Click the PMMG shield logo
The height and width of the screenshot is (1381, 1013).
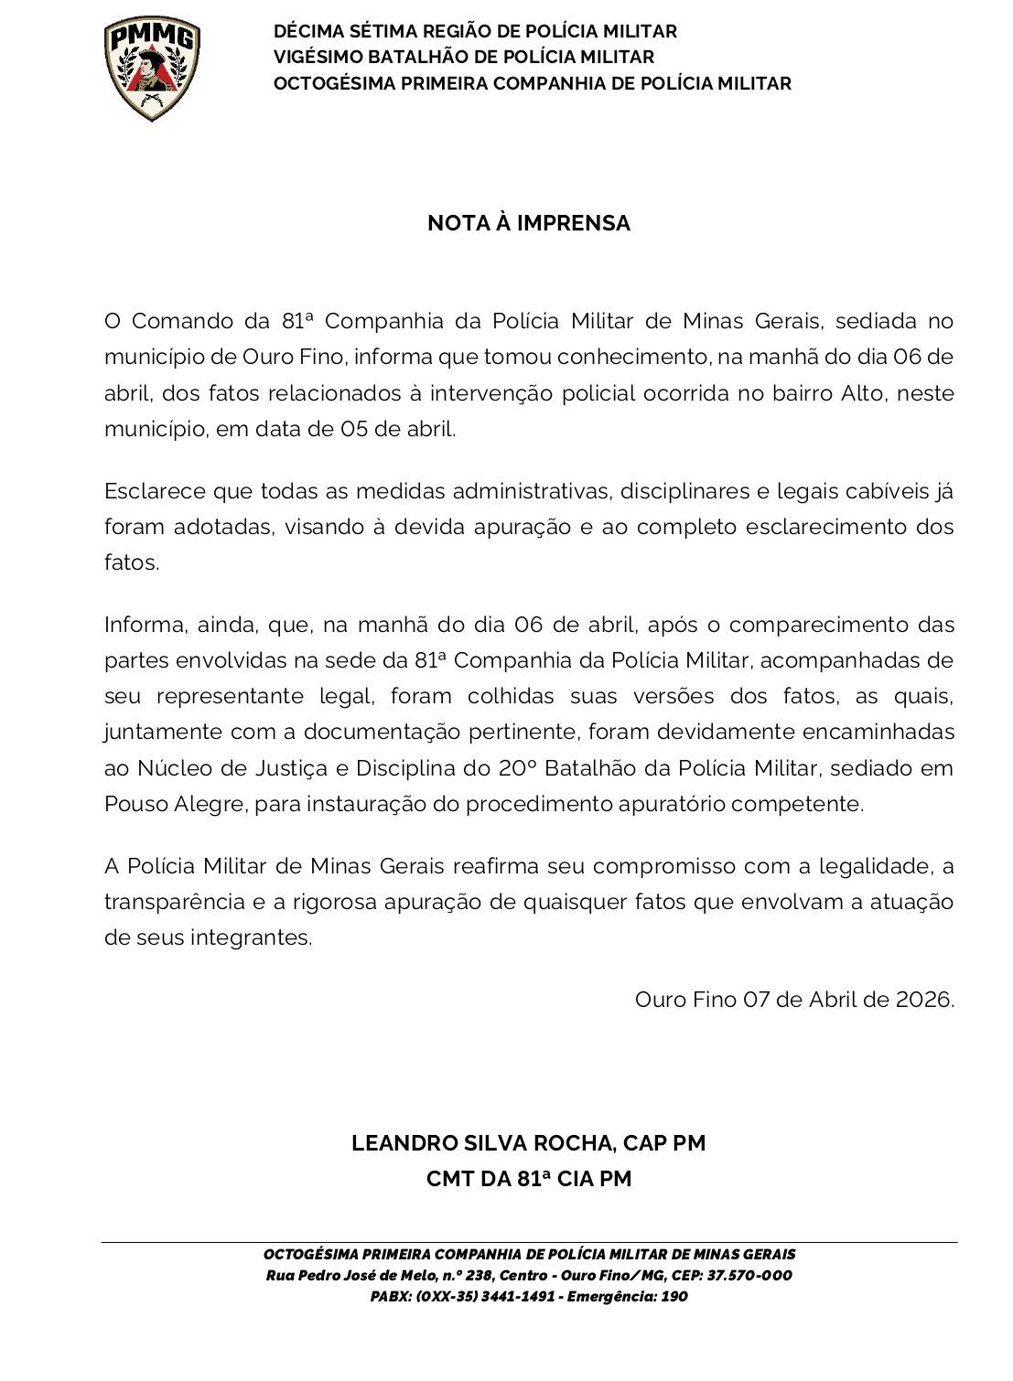[x=151, y=69]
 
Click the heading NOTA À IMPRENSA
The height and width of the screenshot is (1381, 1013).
[x=529, y=223]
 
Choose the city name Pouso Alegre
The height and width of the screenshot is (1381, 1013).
[x=173, y=804]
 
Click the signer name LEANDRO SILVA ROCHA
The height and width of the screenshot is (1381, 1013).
[x=482, y=1143]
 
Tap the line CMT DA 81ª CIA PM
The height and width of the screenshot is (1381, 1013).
[x=529, y=1179]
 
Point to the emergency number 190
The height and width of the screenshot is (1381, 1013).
[x=674, y=1297]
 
